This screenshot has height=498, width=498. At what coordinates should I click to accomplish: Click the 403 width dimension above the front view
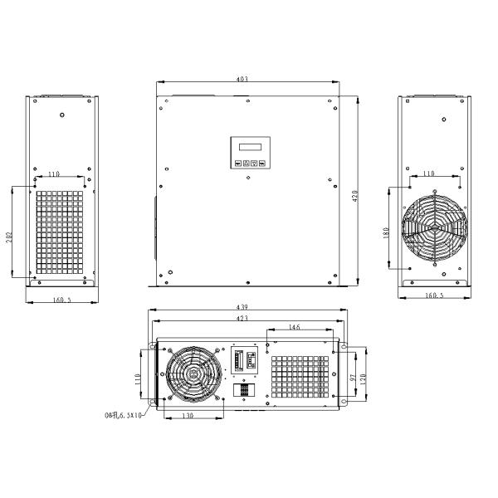(x=242, y=80)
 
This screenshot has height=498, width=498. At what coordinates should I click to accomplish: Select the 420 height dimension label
(x=355, y=196)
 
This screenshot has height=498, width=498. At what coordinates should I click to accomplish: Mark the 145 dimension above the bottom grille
(x=295, y=328)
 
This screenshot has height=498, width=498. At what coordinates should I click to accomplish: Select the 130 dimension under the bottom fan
(x=190, y=415)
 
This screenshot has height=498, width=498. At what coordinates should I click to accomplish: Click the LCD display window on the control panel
(x=248, y=148)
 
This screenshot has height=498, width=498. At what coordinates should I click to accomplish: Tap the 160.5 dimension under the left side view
(x=61, y=300)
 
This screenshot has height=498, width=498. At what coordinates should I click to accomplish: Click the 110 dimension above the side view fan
(x=428, y=173)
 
